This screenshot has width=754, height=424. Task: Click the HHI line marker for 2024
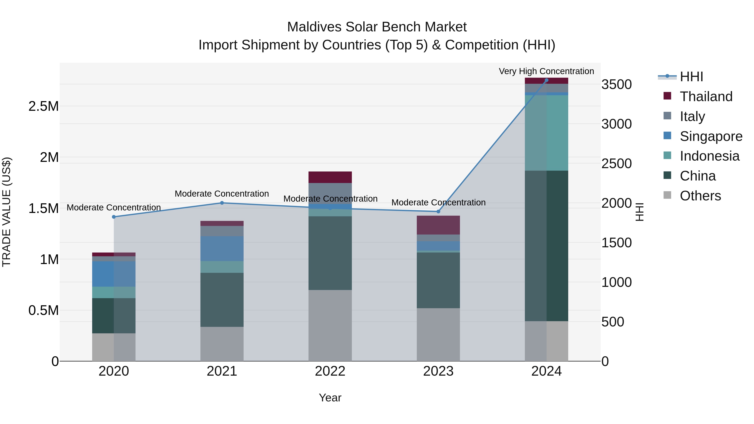(x=546, y=80)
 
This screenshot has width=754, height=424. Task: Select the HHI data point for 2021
(x=222, y=203)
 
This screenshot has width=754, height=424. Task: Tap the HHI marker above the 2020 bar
(x=114, y=217)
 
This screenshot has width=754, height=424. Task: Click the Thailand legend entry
(x=706, y=97)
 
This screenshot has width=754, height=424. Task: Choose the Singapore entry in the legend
(x=711, y=136)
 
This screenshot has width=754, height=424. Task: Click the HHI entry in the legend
(x=691, y=77)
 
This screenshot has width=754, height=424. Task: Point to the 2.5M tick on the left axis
(x=44, y=106)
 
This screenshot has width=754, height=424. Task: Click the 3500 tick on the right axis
(x=616, y=85)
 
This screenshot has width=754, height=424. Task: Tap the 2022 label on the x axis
(x=330, y=371)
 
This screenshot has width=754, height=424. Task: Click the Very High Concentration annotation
(x=546, y=71)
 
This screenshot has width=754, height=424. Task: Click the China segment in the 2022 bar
(x=330, y=253)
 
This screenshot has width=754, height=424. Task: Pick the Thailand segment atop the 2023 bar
(x=438, y=225)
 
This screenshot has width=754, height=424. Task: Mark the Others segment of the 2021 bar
(x=222, y=344)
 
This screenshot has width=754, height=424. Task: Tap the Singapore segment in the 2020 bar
(x=114, y=274)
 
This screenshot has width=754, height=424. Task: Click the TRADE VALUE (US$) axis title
(x=6, y=212)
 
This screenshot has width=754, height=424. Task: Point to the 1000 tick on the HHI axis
(x=616, y=282)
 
